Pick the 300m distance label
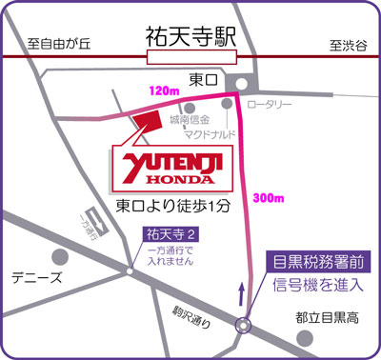pyautogui.click(x=271, y=198)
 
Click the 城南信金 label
pyautogui.click(x=190, y=120)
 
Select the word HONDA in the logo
pyautogui.click(x=178, y=182)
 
